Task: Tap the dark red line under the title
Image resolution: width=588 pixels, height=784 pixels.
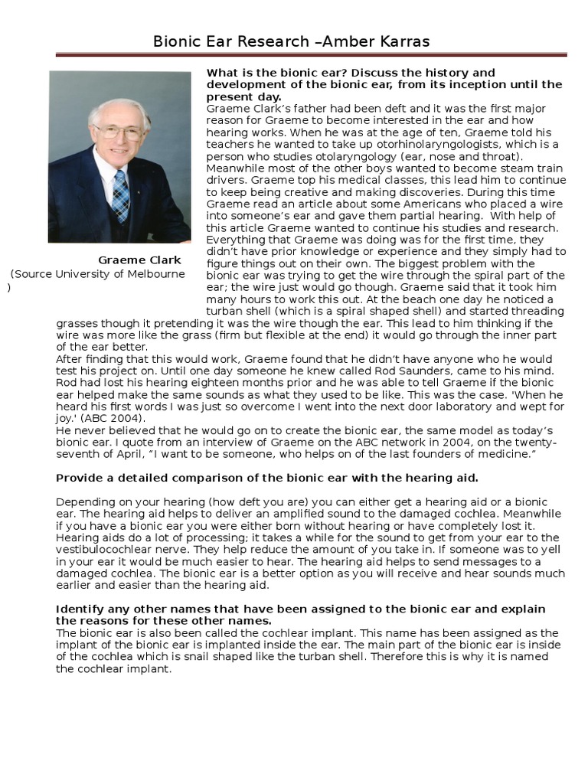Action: click(311, 55)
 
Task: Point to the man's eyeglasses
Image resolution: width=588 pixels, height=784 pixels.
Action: click(119, 132)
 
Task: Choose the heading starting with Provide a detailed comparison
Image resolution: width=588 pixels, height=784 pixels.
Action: click(267, 479)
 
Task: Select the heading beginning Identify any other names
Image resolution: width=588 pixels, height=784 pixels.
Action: click(301, 614)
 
